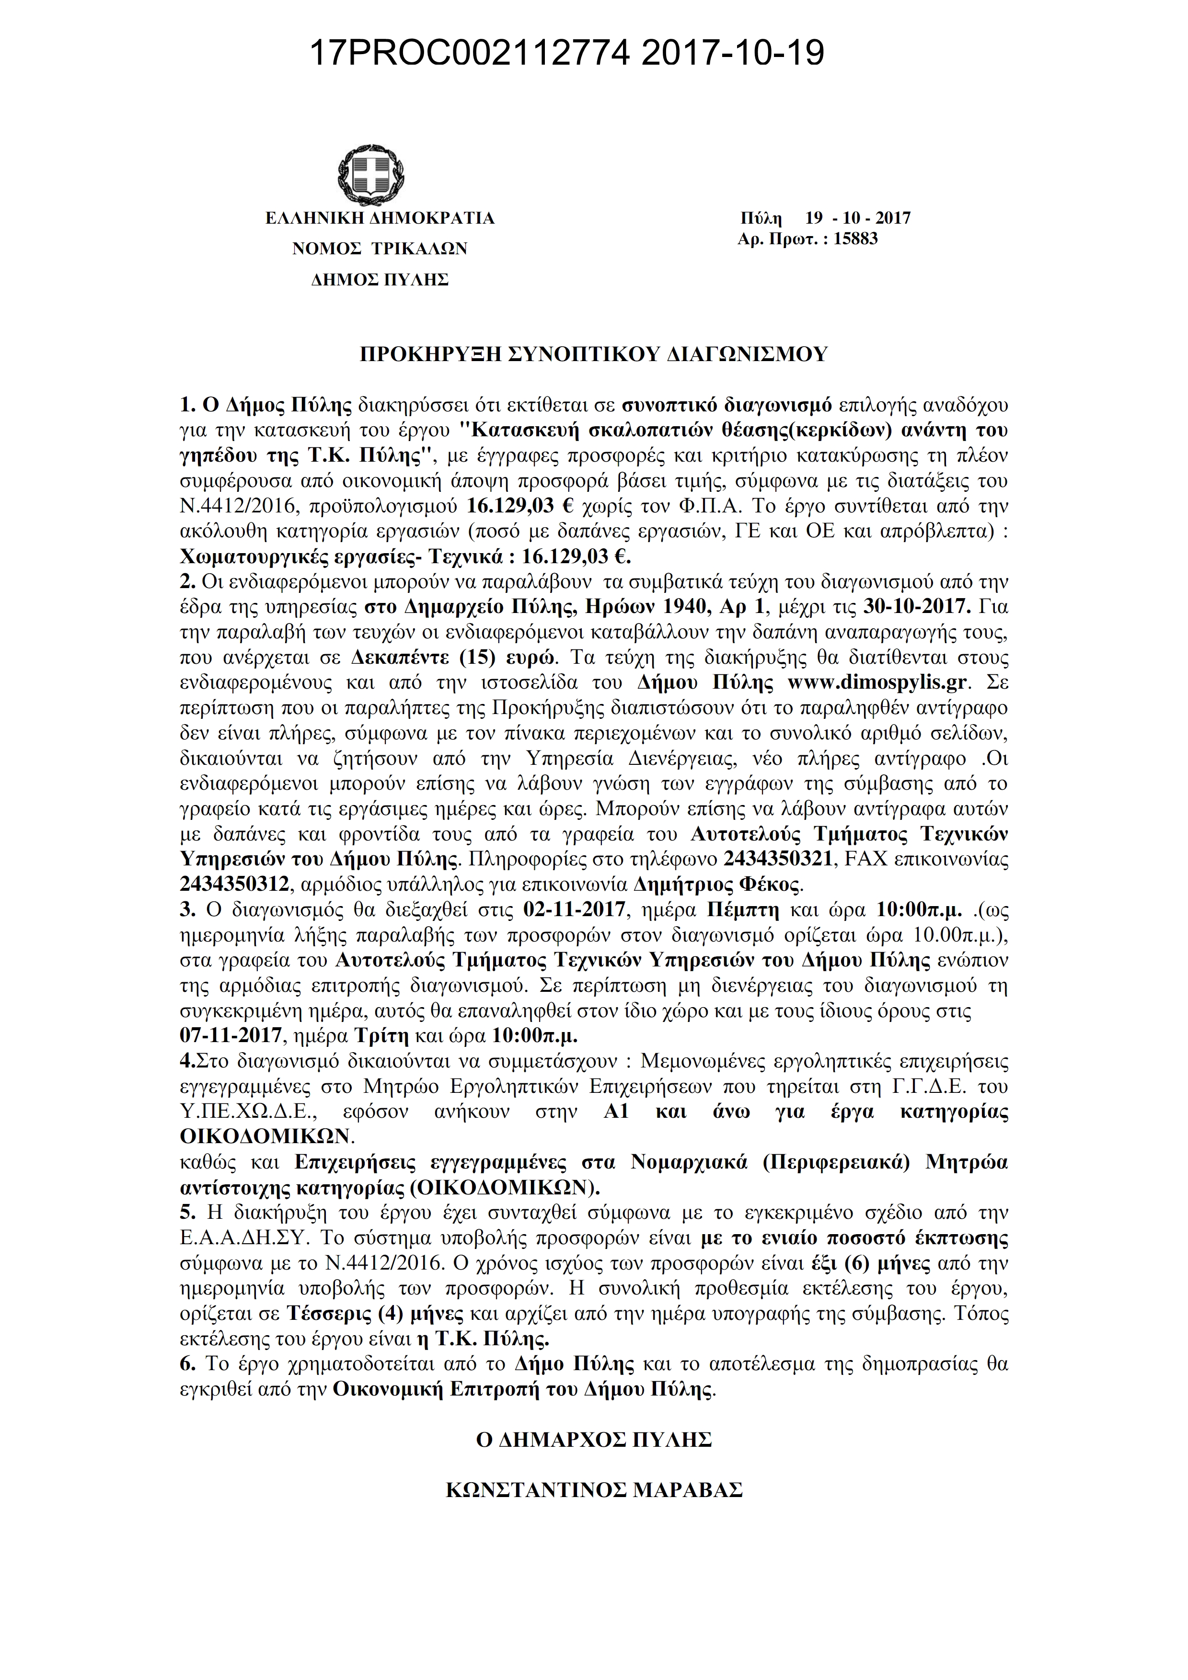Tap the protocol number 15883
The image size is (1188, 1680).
click(x=855, y=238)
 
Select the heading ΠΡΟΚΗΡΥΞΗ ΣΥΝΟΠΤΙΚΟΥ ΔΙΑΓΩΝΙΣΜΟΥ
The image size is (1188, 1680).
click(x=594, y=354)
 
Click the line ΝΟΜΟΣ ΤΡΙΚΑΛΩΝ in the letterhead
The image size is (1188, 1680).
click(x=379, y=249)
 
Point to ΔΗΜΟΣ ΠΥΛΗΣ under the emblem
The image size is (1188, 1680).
click(x=379, y=280)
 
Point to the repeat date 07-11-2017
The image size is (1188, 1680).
click(x=231, y=1036)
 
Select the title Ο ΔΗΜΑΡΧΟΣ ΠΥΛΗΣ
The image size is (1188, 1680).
click(x=594, y=1440)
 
